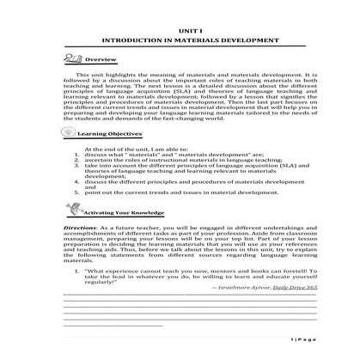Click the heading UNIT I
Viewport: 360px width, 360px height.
180,29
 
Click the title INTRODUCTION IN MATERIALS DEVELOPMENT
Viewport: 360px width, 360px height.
180,40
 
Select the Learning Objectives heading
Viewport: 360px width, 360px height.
107,135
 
